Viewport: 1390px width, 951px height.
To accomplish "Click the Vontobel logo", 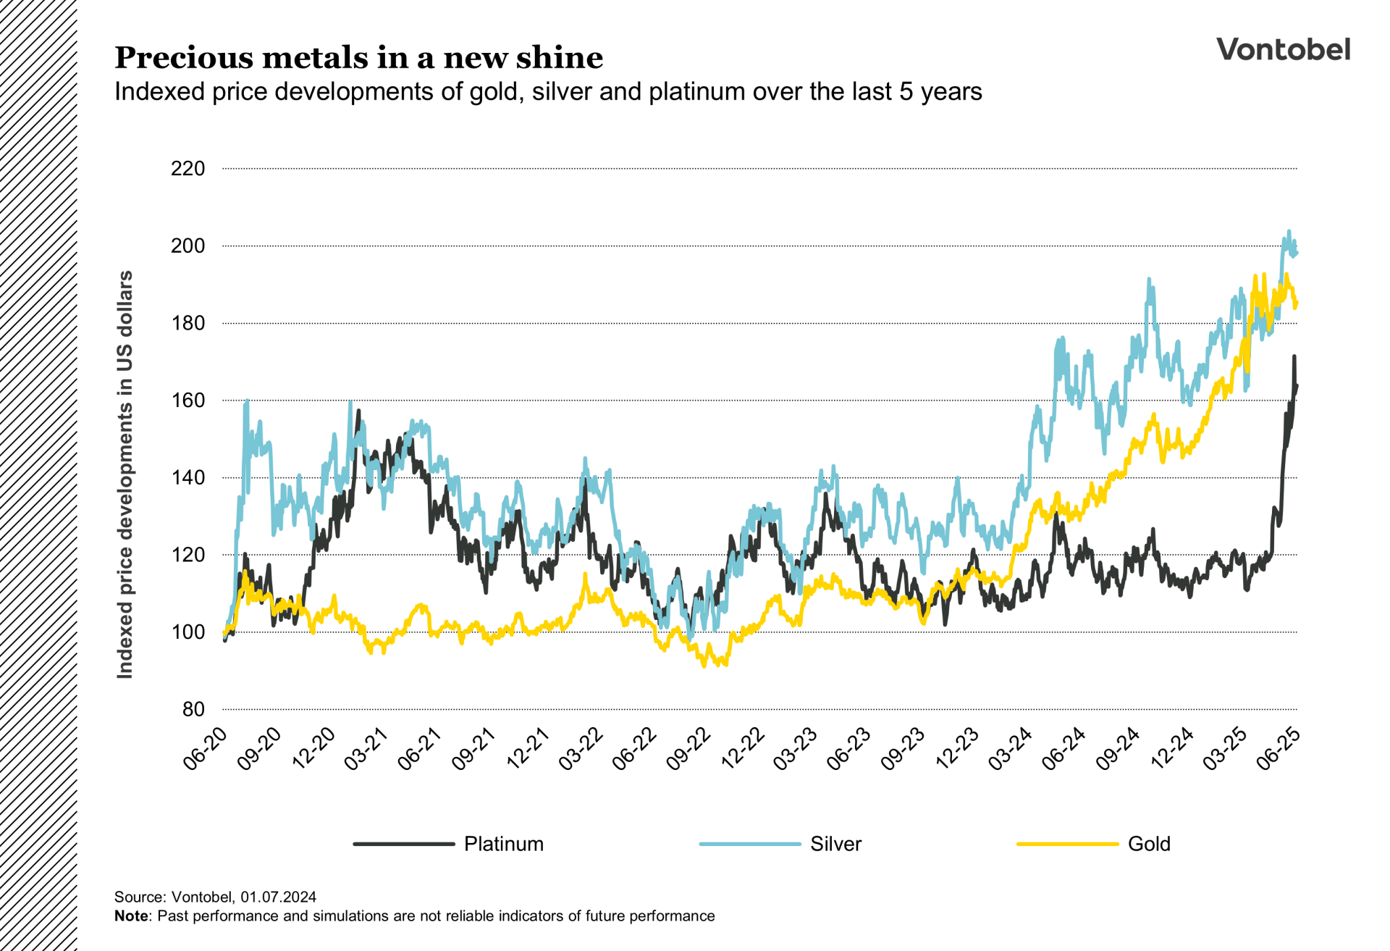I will pos(1283,49).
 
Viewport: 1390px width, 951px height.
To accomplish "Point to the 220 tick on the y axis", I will pos(188,169).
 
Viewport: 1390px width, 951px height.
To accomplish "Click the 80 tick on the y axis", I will pos(193,709).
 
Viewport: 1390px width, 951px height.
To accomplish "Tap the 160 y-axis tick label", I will pos(188,401).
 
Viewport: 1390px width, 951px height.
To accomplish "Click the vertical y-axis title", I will pos(125,474).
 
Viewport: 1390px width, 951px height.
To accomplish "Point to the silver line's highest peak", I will pos(1289,232).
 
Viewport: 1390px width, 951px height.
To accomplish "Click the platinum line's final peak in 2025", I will pos(1294,356).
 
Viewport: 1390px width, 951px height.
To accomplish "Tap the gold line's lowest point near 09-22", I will pos(704,666).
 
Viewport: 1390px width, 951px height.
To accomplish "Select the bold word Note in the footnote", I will pos(131,916).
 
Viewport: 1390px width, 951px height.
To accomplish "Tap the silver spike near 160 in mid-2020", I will pos(247,401).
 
